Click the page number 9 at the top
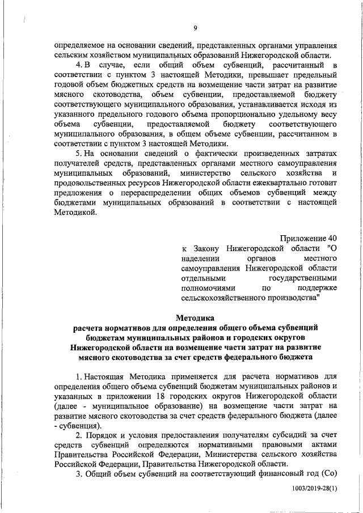click(195, 29)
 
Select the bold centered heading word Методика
click(195, 318)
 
